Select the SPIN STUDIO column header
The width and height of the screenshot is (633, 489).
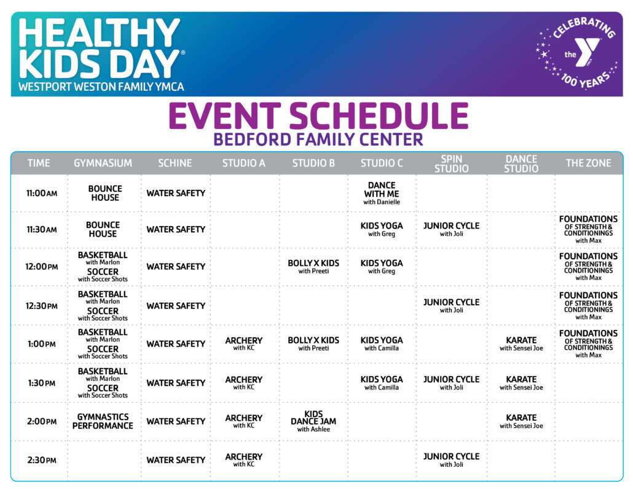pos(452,163)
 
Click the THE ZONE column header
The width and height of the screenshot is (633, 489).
pos(588,163)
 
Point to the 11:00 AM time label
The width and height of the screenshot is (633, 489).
pos(41,193)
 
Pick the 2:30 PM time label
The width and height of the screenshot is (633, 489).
pos(41,460)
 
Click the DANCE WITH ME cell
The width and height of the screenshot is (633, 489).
pos(382,193)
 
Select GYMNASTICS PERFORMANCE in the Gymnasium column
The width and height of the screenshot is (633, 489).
pos(103,421)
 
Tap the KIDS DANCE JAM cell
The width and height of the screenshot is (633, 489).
pos(313,421)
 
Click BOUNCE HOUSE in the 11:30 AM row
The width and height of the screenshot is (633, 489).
pos(103,229)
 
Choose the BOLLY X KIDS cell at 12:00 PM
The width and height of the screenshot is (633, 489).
pos(313,267)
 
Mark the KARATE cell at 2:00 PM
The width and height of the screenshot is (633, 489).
pos(521,421)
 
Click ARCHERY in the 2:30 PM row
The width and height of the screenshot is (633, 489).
pos(244,460)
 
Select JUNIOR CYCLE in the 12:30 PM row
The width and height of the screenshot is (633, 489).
pos(452,305)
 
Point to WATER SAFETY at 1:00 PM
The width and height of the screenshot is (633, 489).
pos(176,344)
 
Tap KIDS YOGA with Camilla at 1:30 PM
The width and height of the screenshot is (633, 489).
pos(382,383)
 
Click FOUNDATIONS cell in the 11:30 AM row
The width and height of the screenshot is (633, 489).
pos(588,229)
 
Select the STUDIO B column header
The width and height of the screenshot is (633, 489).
pos(313,163)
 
